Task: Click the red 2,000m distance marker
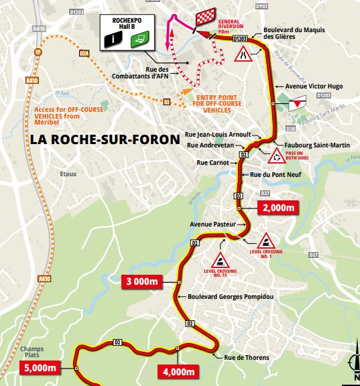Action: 276,208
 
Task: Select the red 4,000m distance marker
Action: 179,372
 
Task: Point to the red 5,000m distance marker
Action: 40,367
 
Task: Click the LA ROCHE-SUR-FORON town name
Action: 105,139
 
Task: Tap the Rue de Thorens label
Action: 246,357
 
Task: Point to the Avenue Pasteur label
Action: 211,224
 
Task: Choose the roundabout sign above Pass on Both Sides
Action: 276,158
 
